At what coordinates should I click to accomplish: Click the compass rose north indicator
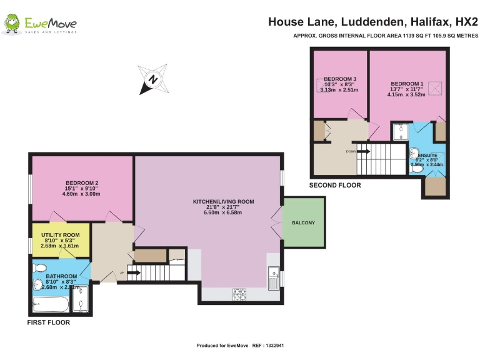tap(152, 79)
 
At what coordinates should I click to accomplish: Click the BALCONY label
tap(303, 223)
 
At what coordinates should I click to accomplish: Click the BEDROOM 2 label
tap(82, 183)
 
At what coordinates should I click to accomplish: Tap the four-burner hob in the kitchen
tap(239, 292)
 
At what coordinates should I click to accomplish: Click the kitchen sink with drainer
tap(273, 279)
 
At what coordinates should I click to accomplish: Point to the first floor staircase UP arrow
tap(133, 271)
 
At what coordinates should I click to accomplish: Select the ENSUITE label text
tap(428, 154)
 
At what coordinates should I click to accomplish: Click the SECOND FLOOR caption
tap(335, 186)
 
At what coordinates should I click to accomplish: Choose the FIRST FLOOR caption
tap(48, 323)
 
